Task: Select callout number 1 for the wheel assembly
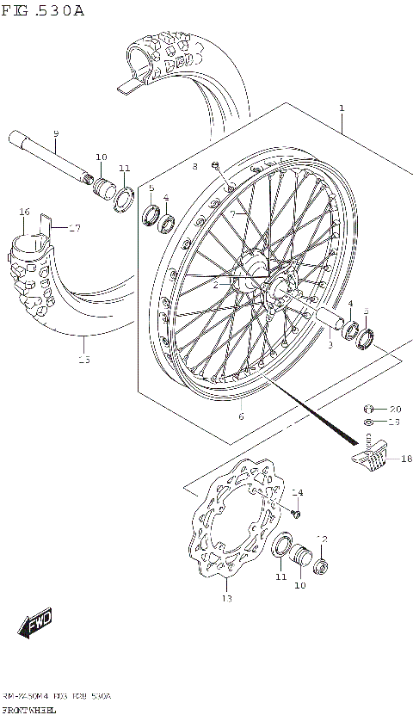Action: click(342, 108)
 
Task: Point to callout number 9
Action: click(56, 133)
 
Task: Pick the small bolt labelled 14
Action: click(295, 513)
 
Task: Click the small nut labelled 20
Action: click(368, 408)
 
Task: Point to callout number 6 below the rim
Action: click(241, 416)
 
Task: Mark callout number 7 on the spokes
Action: click(232, 213)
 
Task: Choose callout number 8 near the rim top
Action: click(194, 165)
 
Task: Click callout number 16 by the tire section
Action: click(24, 212)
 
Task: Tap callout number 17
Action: click(75, 228)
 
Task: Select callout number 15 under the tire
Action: click(83, 360)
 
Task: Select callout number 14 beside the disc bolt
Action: click(298, 493)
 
